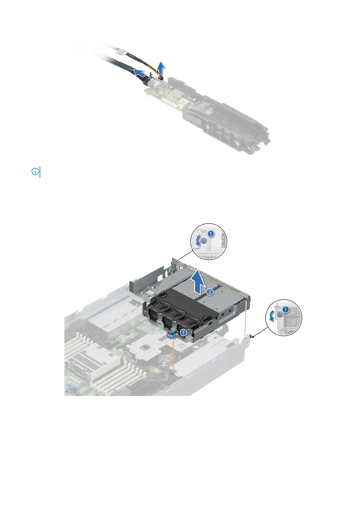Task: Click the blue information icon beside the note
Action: point(35,172)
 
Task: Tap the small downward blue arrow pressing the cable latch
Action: point(151,73)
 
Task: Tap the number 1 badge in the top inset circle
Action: point(211,233)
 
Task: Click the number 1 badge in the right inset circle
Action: point(286,310)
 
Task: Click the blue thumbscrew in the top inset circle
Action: point(204,241)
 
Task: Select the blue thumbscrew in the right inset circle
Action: point(280,315)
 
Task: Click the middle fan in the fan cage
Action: point(169,323)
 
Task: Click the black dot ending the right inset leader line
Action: point(252,336)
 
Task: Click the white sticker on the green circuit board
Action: point(183,102)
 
